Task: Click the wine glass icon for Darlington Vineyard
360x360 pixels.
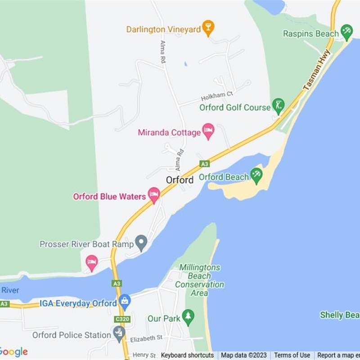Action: pos(207,28)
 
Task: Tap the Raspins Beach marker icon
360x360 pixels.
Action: pos(346,32)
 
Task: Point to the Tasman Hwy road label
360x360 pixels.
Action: pos(317,70)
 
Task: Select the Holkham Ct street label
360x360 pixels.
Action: pos(217,96)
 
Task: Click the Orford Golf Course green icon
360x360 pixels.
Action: pos(279,106)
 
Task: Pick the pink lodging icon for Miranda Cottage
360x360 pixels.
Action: pos(208,131)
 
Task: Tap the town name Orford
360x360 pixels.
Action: pos(180,180)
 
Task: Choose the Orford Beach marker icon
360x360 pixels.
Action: pos(256,175)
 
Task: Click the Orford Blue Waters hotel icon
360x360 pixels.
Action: pos(154,196)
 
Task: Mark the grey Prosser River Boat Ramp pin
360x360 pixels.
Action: pos(141,243)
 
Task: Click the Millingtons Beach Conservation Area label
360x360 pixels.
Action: pos(199,280)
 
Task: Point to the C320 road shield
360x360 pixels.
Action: pos(122,319)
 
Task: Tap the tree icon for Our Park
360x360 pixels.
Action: pos(188,317)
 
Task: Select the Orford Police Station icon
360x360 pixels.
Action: pos(119,333)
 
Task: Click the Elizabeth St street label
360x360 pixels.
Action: pos(146,338)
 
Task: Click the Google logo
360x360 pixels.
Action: pos(13,352)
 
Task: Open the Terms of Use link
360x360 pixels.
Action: pos(292,355)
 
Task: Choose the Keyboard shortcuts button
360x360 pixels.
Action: pos(187,355)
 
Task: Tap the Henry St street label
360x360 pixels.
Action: pos(143,355)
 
